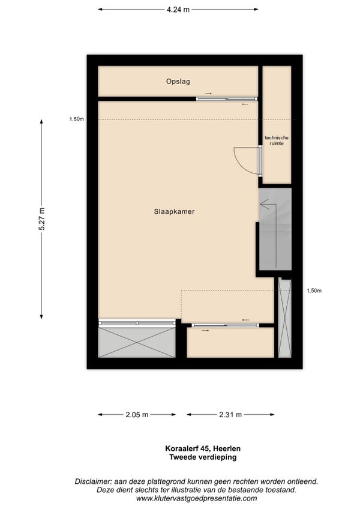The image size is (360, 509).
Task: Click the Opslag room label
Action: point(178,82)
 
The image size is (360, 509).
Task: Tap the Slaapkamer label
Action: point(175,212)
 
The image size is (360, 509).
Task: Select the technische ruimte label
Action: point(277,140)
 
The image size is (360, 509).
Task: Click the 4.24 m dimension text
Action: point(178,10)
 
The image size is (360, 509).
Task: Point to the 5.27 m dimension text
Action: point(41,219)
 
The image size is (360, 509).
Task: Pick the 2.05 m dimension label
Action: point(137,415)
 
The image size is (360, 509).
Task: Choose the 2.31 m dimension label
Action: point(230,415)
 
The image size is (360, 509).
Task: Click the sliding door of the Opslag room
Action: point(227,98)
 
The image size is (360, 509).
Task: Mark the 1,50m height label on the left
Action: point(76,119)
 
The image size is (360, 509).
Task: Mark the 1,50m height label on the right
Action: point(314,291)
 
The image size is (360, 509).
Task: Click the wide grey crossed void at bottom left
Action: point(137,342)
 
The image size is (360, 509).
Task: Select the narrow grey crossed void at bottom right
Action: point(285,318)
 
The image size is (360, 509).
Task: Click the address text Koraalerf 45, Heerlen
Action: point(203,448)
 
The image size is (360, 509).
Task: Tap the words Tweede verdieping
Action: point(203,457)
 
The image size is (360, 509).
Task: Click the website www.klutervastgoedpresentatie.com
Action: point(196,498)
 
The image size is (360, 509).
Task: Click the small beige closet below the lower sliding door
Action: point(230,343)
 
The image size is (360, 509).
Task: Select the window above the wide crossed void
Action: point(137,323)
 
